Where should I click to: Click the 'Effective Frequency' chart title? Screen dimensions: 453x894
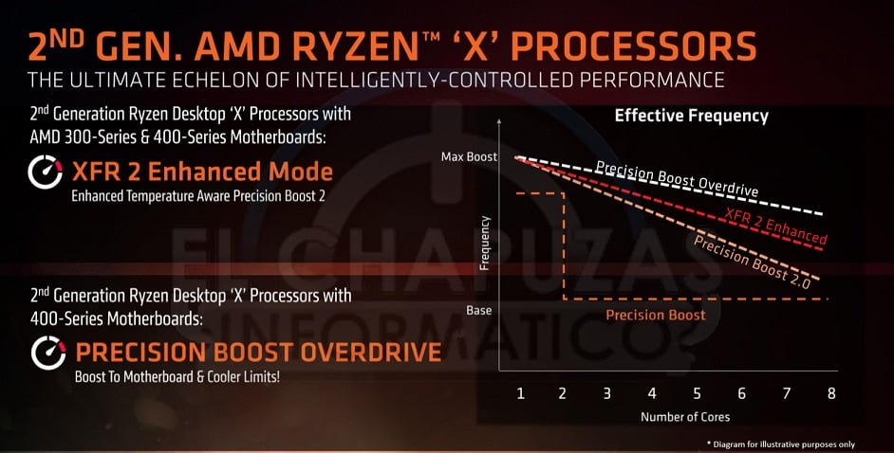(691, 117)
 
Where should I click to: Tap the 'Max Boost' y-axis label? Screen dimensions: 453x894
(469, 156)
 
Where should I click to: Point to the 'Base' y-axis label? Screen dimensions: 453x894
(479, 310)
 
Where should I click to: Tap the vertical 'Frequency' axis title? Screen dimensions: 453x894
(484, 244)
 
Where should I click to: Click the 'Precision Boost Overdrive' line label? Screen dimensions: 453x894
(677, 178)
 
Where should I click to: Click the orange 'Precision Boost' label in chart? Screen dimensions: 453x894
(655, 315)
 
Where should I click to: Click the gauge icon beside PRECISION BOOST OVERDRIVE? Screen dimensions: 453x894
(47, 353)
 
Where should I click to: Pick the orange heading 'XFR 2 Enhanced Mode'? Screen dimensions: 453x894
(203, 172)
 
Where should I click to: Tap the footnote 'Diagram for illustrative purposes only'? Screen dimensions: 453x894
(796, 444)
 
